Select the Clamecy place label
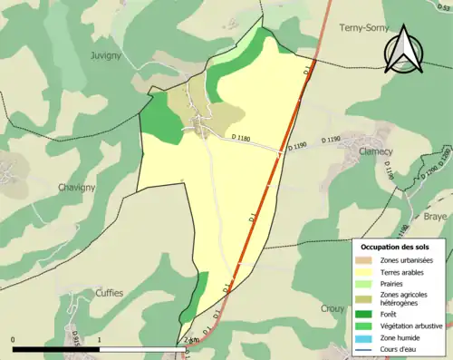(x=376, y=151)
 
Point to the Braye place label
(x=436, y=218)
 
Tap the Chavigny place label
(x=32, y=188)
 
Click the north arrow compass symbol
(x=402, y=49)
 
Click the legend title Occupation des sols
(x=395, y=247)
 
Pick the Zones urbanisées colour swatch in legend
(x=364, y=261)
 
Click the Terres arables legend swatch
(x=364, y=271)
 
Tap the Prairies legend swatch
(x=364, y=283)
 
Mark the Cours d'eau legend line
(x=364, y=347)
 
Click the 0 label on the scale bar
(x=14, y=340)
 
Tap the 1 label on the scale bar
(x=99, y=340)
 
